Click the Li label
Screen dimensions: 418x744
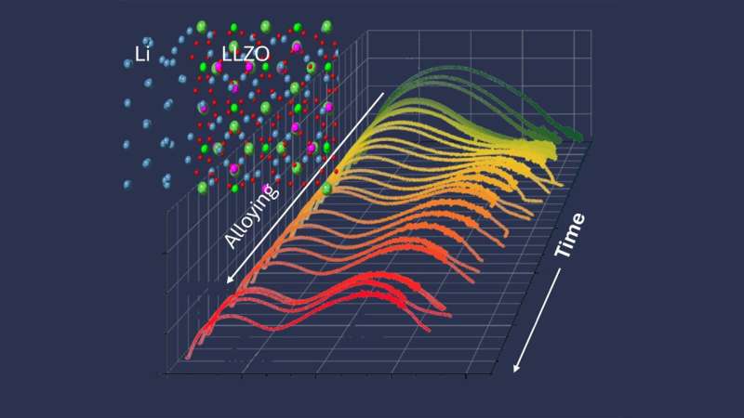141,55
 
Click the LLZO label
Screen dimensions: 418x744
246,55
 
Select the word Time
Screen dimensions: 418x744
571,235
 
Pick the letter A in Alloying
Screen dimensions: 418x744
232,241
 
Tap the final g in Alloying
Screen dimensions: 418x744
270,193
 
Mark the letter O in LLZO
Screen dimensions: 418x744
267,55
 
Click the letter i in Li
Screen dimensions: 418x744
148,55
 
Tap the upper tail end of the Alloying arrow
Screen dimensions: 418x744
382,92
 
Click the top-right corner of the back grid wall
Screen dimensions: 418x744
591,31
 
